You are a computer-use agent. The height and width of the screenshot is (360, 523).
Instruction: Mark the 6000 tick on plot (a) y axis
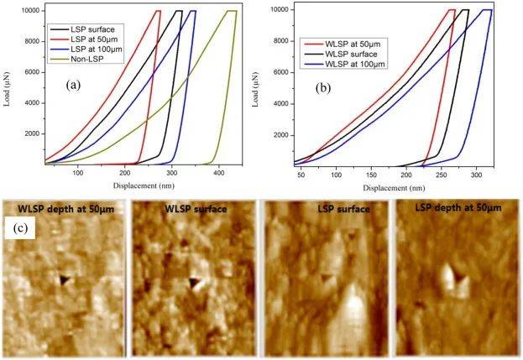pos(34,71)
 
